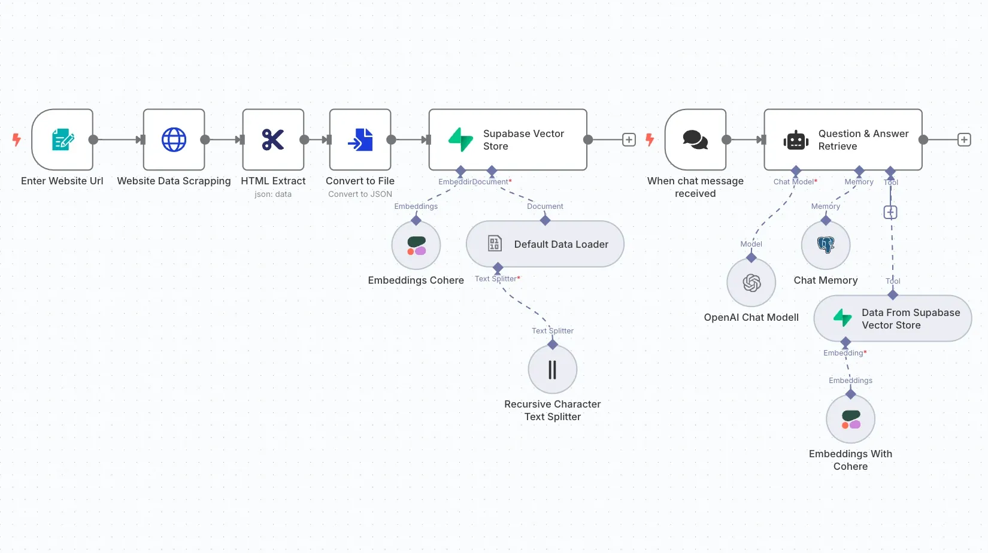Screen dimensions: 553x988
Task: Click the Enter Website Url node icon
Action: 62,139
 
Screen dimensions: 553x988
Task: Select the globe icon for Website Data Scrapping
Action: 174,139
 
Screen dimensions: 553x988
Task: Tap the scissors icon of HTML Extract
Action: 273,139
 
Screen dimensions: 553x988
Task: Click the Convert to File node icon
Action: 360,139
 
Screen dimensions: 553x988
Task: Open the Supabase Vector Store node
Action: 507,139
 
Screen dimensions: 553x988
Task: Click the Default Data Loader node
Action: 545,244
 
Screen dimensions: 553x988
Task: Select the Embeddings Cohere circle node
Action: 416,245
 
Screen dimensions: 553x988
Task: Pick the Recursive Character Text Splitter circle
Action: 552,369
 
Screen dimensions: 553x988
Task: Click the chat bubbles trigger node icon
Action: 695,139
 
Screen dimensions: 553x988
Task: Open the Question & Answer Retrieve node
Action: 842,139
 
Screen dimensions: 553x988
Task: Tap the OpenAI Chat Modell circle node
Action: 751,282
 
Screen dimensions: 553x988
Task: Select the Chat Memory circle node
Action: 826,245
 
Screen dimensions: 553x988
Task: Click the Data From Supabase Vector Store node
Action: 892,318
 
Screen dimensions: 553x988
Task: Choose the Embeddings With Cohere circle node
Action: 850,419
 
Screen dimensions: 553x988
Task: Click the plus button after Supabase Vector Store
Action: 629,139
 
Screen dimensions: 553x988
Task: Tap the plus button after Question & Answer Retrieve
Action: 964,139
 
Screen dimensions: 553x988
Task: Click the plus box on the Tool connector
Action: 890,212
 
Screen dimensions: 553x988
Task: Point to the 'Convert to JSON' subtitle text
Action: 360,194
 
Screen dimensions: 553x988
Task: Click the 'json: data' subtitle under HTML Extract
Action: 273,194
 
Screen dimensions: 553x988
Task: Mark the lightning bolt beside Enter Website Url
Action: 17,139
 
